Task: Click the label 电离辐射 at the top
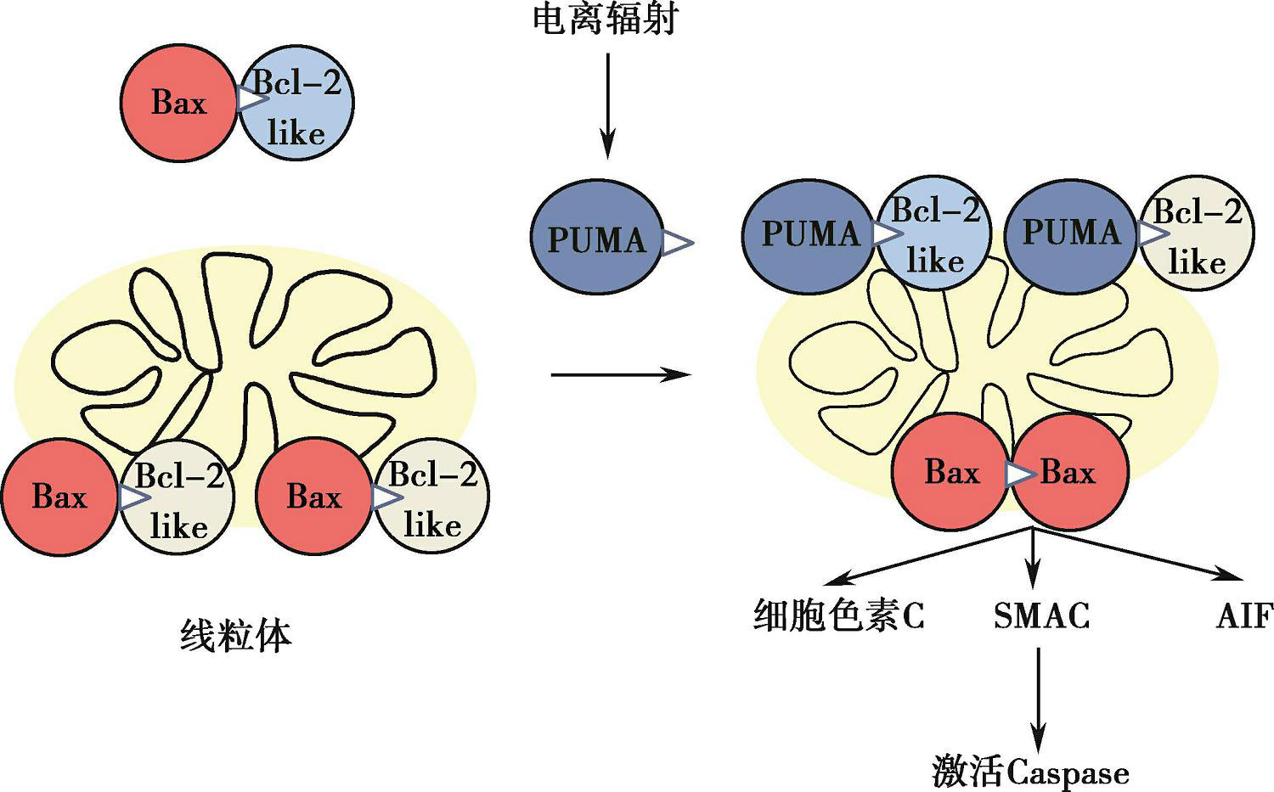pos(605,19)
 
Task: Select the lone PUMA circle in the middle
pos(596,239)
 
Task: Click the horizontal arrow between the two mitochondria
pos(620,374)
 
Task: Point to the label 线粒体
pos(235,636)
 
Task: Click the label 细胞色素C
pos(839,615)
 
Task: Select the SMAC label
pos(1041,615)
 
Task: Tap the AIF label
pos(1244,615)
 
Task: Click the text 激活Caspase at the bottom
pos(1030,772)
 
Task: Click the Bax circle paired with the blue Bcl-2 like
pos(178,103)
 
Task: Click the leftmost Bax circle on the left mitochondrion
pos(59,497)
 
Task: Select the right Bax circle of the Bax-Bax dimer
pos(1070,472)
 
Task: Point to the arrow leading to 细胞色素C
pos(926,557)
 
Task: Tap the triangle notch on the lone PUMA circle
pos(677,242)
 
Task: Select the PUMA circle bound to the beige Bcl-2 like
pos(1070,233)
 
